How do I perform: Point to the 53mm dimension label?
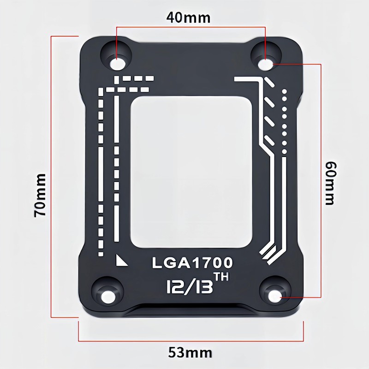pyautogui.click(x=190, y=353)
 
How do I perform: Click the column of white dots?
pyautogui.click(x=285, y=122)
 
